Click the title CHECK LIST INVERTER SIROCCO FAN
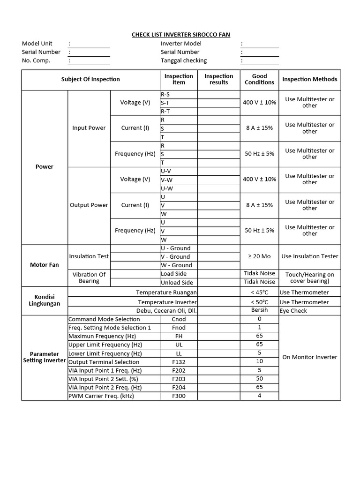180,35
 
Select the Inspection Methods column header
309,79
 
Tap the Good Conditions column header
259,79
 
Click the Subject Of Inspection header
90,79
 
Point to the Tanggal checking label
183,60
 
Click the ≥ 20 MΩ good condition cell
259,256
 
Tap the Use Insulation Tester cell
309,256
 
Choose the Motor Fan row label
45,265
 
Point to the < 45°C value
259,292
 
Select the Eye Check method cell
293,311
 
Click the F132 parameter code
179,362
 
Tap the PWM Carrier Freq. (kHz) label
101,396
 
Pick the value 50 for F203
259,379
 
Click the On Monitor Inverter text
309,357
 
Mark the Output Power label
89,205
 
